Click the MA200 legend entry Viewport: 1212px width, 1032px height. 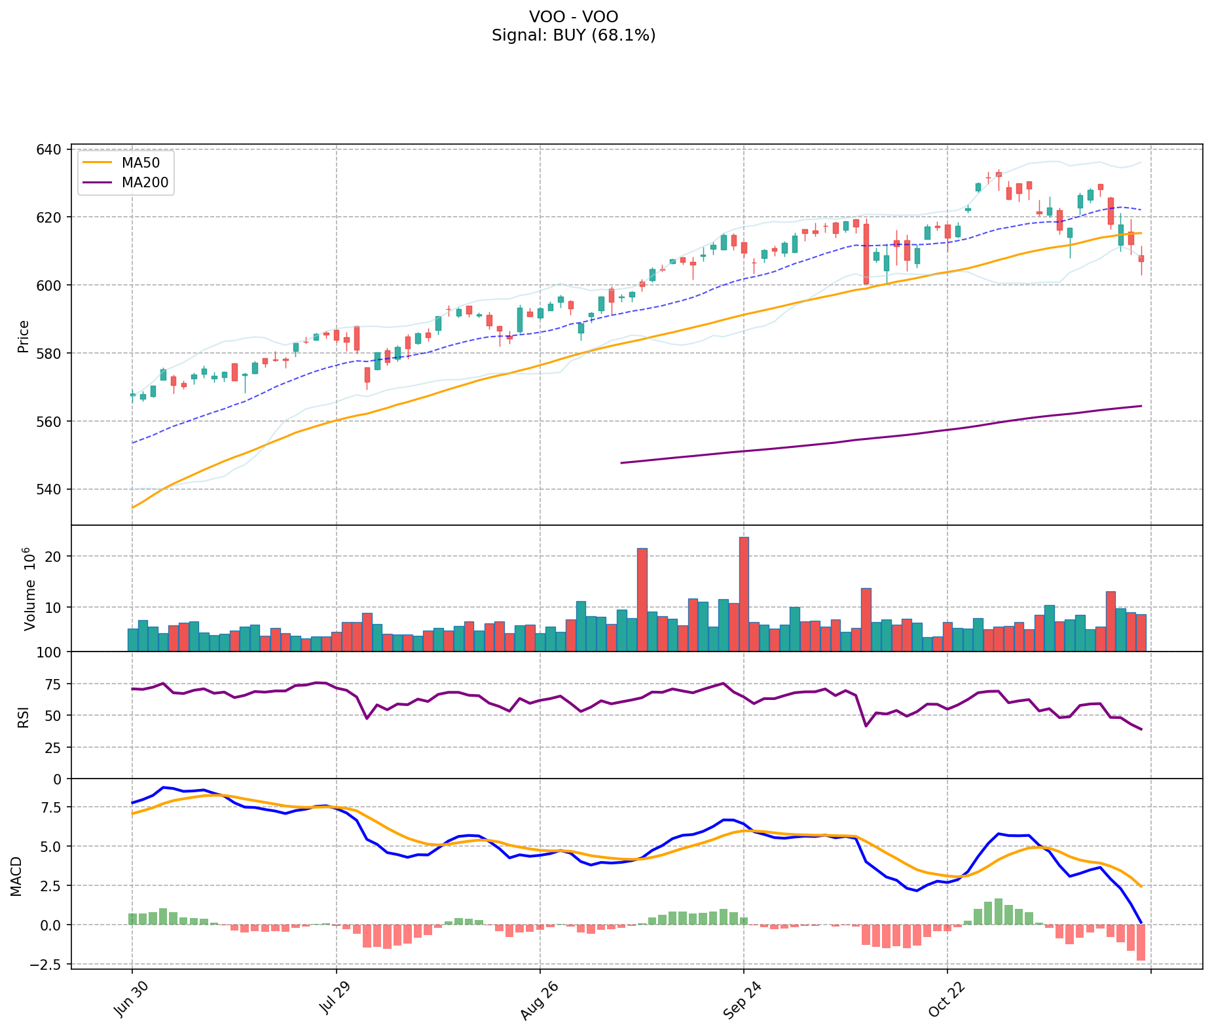[x=145, y=183]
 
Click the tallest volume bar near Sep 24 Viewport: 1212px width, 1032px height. [x=744, y=594]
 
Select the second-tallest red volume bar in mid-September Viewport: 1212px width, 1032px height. [x=642, y=599]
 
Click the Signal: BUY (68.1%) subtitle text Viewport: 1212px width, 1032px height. [x=574, y=35]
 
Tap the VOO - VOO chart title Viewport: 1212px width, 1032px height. [x=574, y=17]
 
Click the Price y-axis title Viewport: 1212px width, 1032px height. [x=24, y=337]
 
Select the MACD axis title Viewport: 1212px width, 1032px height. [x=16, y=876]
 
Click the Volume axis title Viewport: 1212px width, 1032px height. [x=29, y=589]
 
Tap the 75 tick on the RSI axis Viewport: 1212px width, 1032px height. [x=56, y=684]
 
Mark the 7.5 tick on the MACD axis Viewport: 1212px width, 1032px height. [x=52, y=807]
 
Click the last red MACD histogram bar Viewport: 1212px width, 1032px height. [x=1141, y=942]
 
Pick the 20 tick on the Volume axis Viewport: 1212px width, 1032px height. [x=54, y=557]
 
